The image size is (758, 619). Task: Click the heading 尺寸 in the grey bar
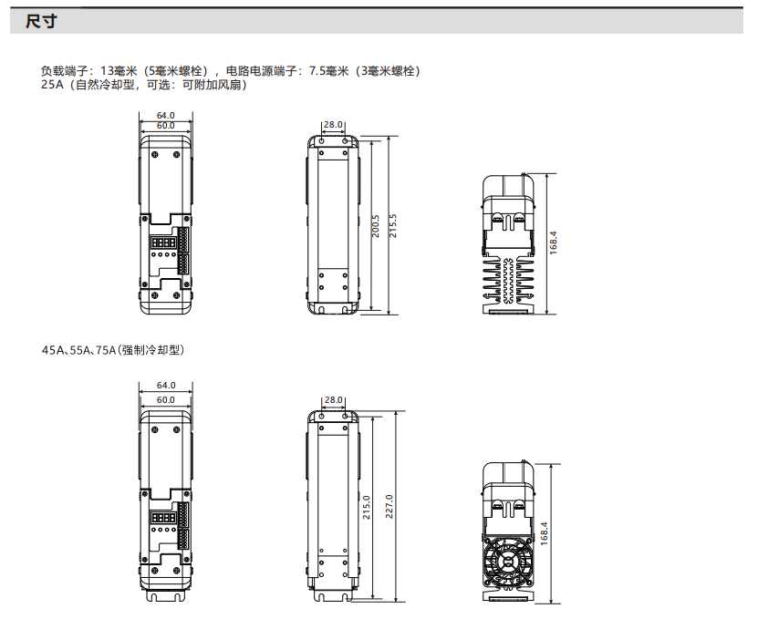pyautogui.click(x=41, y=21)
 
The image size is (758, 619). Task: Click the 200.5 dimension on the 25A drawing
pyautogui.click(x=376, y=226)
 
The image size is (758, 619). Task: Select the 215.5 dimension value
pyautogui.click(x=393, y=226)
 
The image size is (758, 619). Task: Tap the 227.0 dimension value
pyautogui.click(x=389, y=506)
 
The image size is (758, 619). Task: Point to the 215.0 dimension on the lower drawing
pyautogui.click(x=367, y=508)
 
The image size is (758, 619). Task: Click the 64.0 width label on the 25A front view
pyautogui.click(x=166, y=116)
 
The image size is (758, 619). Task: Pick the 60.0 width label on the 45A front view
pyautogui.click(x=166, y=400)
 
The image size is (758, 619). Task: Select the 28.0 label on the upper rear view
pyautogui.click(x=333, y=125)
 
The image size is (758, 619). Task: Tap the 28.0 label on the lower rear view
pyautogui.click(x=334, y=400)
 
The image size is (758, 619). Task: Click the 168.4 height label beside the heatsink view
pyautogui.click(x=554, y=243)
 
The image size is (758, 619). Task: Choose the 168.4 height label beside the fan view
pyautogui.click(x=545, y=534)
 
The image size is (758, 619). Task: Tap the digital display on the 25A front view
pyautogui.click(x=163, y=242)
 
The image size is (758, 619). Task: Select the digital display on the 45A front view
pyautogui.click(x=163, y=518)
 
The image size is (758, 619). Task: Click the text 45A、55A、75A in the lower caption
pyautogui.click(x=78, y=350)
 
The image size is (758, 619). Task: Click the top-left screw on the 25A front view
pyautogui.click(x=155, y=155)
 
